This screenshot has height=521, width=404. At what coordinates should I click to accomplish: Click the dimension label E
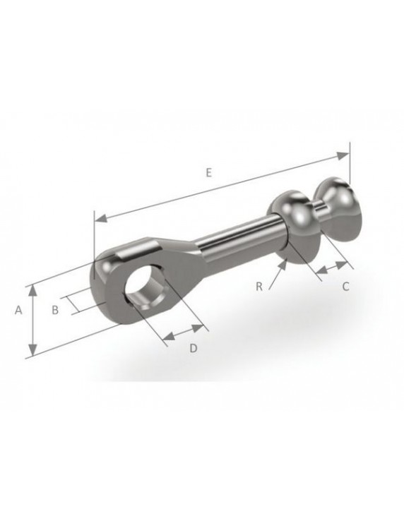coord(209,171)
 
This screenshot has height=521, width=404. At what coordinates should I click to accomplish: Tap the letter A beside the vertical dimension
coord(20,310)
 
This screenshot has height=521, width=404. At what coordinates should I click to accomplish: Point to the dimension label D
coord(192,348)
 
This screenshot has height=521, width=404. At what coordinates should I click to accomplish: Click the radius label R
coord(259,286)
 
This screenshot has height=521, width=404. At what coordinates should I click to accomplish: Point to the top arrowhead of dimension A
coord(32,289)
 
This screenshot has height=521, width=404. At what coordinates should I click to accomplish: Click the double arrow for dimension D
coord(182,333)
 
